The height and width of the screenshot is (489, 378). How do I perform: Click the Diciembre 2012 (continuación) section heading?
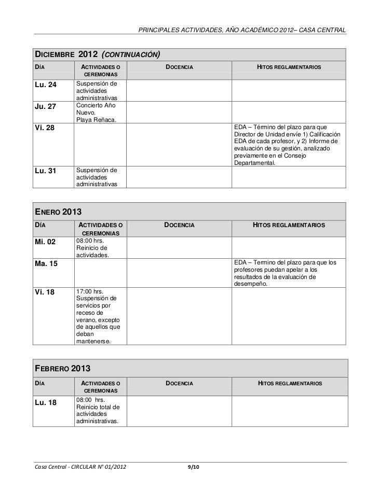tap(97, 54)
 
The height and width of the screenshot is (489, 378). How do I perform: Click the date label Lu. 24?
tap(46, 85)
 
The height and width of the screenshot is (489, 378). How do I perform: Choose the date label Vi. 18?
tap(44, 292)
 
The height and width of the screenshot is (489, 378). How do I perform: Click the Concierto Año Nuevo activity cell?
tap(97, 113)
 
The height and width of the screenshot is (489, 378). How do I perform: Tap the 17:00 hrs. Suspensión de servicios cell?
tap(98, 316)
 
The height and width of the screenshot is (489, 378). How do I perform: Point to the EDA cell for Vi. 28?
tap(287, 145)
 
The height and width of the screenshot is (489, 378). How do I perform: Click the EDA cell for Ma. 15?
tap(287, 273)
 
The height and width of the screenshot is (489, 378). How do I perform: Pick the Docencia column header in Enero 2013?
tap(179, 225)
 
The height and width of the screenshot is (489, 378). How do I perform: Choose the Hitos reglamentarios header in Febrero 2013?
tap(290, 383)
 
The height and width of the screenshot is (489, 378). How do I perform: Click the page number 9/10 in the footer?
tap(193, 468)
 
